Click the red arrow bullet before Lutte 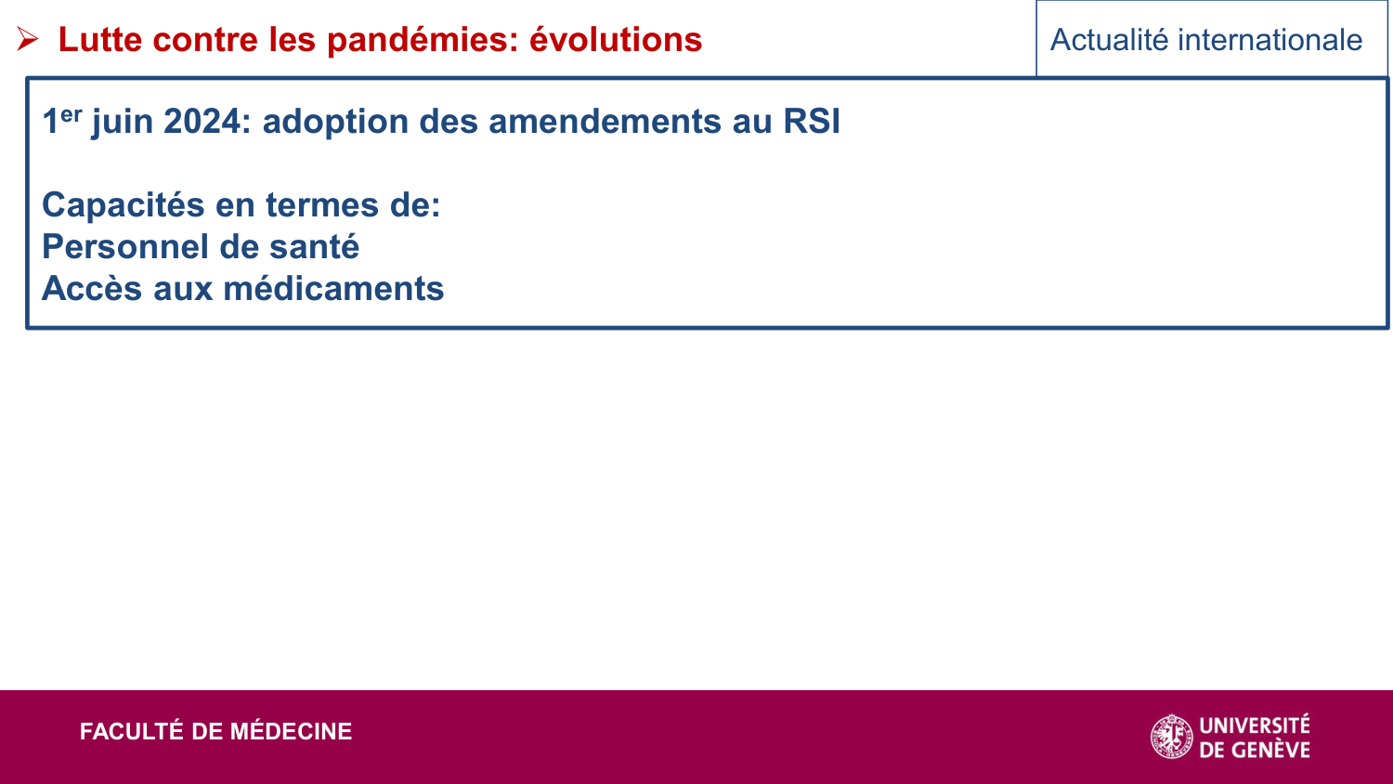tap(27, 39)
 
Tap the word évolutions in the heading tap(616, 40)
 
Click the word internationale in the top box tap(1270, 40)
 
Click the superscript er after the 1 tap(72, 114)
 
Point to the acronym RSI tap(812, 122)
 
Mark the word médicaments tap(334, 289)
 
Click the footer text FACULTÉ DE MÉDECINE tap(215, 732)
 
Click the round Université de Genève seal tap(1172, 737)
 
